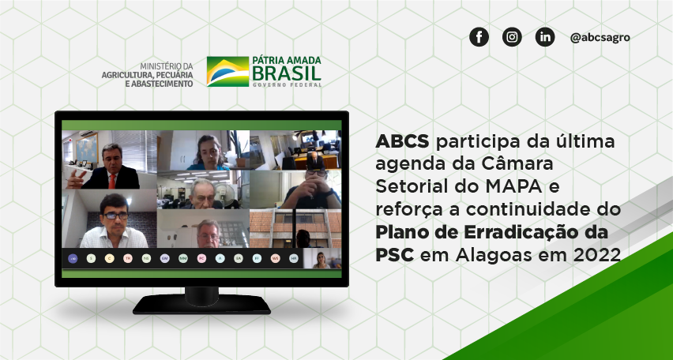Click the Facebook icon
point(479,37)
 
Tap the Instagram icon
point(512,37)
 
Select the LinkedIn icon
point(545,37)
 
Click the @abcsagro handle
point(600,37)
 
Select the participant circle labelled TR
point(128,258)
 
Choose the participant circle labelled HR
point(294,258)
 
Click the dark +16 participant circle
point(73,258)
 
